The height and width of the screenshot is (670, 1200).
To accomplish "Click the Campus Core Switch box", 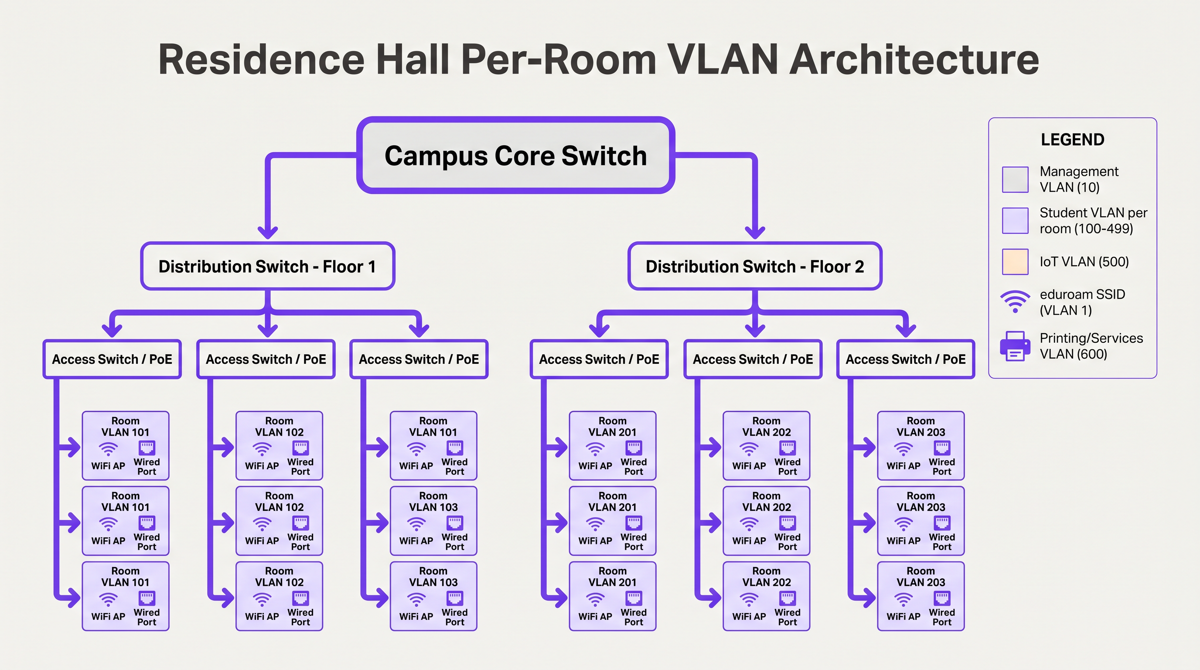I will tap(515, 156).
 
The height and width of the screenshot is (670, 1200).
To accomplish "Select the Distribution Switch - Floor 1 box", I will tap(267, 267).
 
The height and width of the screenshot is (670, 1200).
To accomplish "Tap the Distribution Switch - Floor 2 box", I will tap(755, 267).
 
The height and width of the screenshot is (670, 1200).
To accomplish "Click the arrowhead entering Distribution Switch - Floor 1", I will tap(268, 231).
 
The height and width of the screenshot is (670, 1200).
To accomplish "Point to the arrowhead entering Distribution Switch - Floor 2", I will tap(755, 231).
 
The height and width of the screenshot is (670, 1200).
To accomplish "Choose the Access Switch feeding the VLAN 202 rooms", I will tap(752, 359).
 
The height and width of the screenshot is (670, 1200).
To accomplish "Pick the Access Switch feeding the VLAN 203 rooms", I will tap(905, 359).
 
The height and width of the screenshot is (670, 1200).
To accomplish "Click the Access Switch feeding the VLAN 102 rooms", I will tap(266, 359).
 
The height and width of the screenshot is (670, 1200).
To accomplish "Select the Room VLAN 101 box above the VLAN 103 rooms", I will tap(433, 445).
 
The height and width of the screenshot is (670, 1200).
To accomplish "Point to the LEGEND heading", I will tap(1072, 140).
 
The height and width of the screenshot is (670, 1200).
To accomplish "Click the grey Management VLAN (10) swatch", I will tap(1015, 179).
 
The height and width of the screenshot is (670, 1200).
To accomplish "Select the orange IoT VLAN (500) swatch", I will tap(1015, 262).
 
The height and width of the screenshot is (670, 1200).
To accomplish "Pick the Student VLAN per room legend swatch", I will tap(1015, 221).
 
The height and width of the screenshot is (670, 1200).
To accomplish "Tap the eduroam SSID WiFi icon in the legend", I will tap(1015, 301).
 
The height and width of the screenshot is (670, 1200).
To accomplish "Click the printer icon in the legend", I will tap(1015, 346).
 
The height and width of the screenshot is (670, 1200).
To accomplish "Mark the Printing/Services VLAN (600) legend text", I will tap(1091, 346).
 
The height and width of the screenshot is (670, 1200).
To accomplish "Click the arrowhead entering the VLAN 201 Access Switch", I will tap(599, 330).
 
